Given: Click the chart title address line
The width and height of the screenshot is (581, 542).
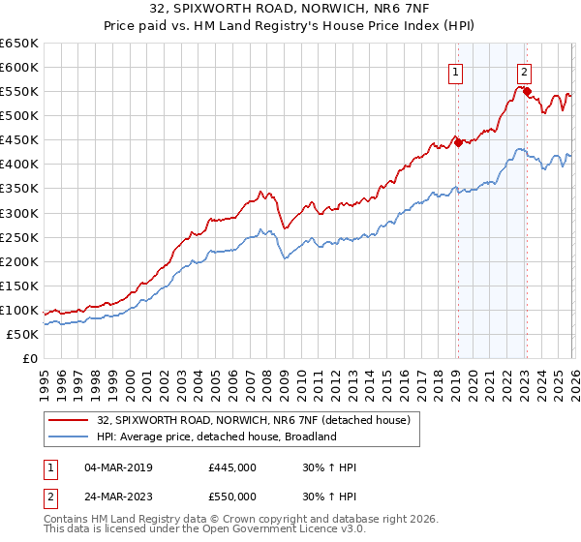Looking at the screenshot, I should tap(290, 9).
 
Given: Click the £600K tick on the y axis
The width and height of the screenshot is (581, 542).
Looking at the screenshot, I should tap(19, 67).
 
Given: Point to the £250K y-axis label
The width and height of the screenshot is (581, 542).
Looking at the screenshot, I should tap(19, 237).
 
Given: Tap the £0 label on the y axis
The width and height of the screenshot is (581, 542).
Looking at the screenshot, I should tap(29, 358).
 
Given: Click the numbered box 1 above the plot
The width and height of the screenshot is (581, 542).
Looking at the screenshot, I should tap(455, 70).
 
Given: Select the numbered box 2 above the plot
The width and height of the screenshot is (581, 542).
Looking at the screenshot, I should tap(524, 70).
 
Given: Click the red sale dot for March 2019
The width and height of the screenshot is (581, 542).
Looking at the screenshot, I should tap(458, 142).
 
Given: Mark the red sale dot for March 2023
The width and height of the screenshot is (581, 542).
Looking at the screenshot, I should tap(527, 91).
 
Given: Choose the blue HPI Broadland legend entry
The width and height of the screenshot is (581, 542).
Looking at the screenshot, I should tap(216, 437).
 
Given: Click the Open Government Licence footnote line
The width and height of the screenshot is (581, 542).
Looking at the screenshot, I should tap(192, 531).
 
